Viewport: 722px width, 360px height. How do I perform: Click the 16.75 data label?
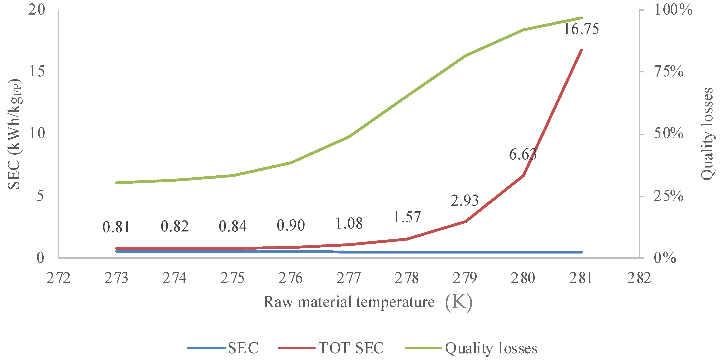[581, 29]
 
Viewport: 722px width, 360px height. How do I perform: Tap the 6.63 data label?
[523, 155]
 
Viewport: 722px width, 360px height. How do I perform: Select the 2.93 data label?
[464, 200]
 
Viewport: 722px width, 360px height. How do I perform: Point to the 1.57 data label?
[407, 217]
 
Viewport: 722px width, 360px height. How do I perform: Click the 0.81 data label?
[116, 227]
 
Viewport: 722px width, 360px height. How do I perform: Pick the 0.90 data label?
[291, 225]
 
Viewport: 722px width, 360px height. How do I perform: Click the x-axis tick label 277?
[348, 278]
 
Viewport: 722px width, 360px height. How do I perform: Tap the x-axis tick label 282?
[639, 278]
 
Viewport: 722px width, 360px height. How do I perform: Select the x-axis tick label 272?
[58, 278]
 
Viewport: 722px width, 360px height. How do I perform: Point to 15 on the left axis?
[37, 71]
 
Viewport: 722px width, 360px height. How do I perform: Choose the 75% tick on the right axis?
[668, 71]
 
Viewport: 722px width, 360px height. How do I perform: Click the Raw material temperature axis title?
[349, 302]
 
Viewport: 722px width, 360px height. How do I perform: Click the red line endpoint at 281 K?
[581, 50]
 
